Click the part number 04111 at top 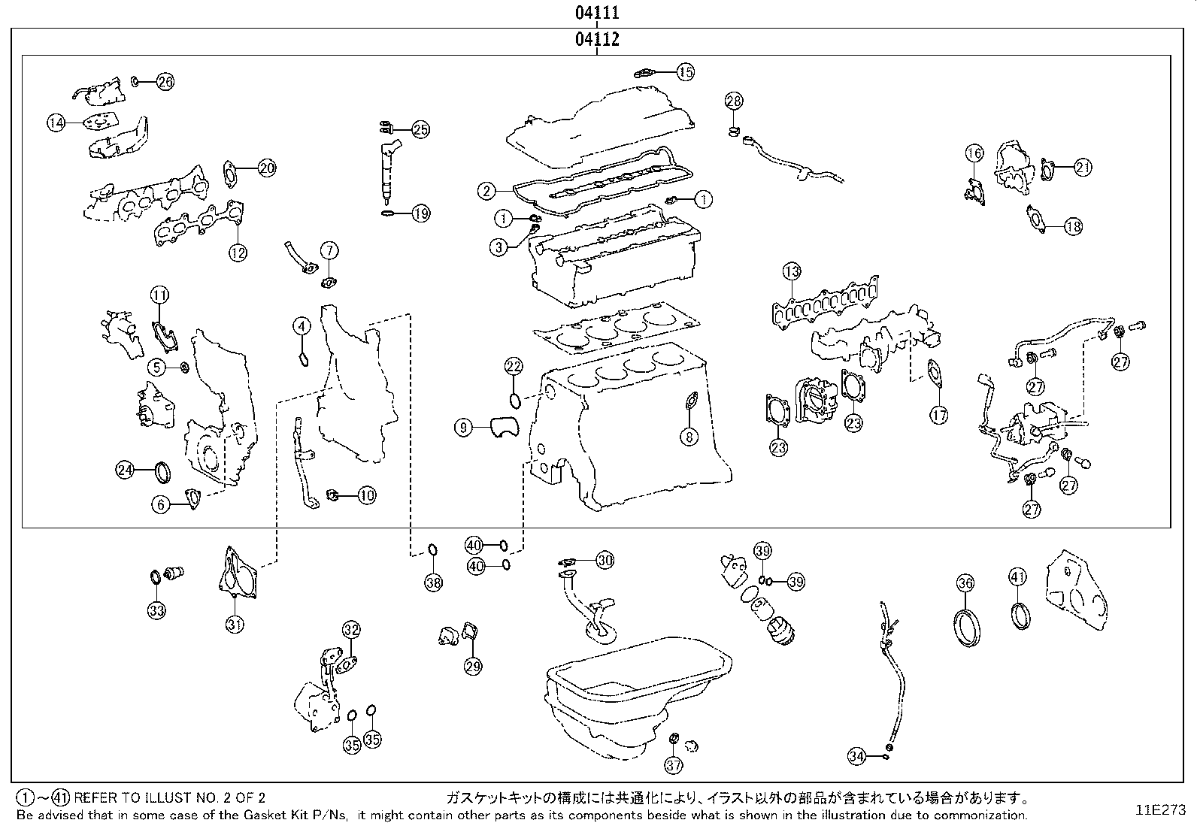coord(598,13)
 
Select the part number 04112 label coord(598,40)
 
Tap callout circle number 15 coord(685,72)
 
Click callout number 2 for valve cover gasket coord(487,191)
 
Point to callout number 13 coord(791,271)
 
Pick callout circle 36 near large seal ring coord(966,582)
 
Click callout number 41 coord(1017,577)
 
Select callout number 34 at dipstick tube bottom coord(856,757)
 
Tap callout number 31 coord(235,623)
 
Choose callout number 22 coord(514,367)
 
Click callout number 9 coord(464,428)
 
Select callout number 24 coord(125,470)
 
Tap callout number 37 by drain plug coord(674,765)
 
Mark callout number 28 coord(734,101)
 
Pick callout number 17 coord(938,414)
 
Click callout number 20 coord(267,168)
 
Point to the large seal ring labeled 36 coord(967,627)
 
